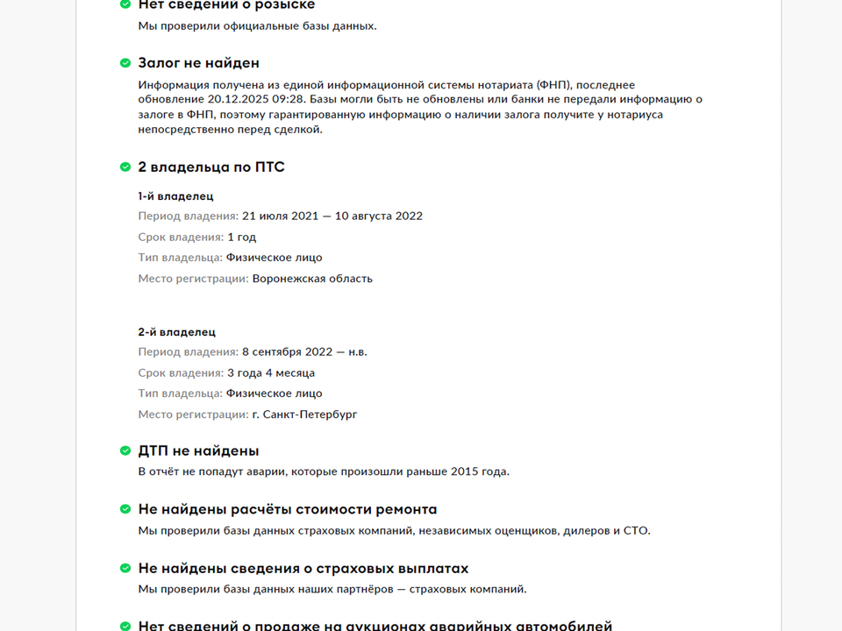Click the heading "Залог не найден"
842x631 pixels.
click(x=198, y=63)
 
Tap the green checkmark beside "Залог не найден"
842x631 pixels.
click(x=125, y=63)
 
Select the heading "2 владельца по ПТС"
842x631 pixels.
click(x=211, y=167)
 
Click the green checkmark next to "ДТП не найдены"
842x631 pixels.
click(x=125, y=451)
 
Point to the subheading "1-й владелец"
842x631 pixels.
click(x=175, y=196)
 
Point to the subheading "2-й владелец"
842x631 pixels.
click(x=176, y=332)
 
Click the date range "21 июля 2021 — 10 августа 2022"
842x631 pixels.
click(x=332, y=216)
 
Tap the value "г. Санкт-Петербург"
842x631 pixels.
click(x=304, y=415)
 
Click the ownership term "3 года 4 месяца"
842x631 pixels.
click(x=271, y=373)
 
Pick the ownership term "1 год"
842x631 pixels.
click(x=242, y=238)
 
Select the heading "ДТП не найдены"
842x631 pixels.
click(x=198, y=451)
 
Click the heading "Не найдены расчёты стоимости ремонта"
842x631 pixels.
click(x=287, y=510)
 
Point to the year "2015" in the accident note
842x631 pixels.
click(x=466, y=471)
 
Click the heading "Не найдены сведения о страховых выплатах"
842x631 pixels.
click(x=303, y=569)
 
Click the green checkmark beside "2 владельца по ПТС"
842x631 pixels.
click(x=125, y=167)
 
